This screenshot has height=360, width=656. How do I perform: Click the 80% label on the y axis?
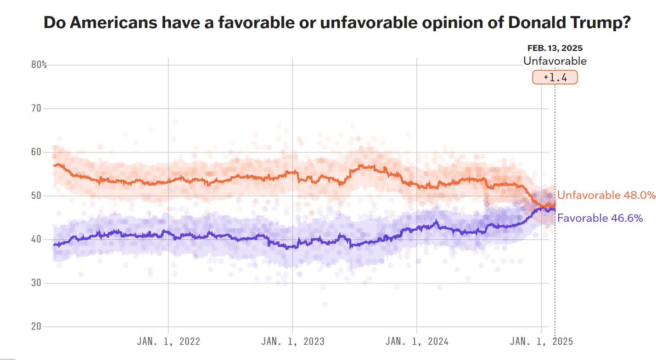39,65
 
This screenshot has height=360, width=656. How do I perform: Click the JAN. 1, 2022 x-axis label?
168,342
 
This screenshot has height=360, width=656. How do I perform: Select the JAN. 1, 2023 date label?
293,342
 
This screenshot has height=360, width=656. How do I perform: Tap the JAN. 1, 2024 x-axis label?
417,342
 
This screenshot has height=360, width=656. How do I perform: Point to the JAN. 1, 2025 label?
542,342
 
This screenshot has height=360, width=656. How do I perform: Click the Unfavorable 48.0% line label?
606,195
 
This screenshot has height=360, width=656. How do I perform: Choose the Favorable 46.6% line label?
600,218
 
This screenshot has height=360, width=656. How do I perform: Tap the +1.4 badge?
555,78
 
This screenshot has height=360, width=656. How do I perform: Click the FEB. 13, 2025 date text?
555,48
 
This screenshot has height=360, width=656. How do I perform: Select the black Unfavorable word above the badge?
555,61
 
